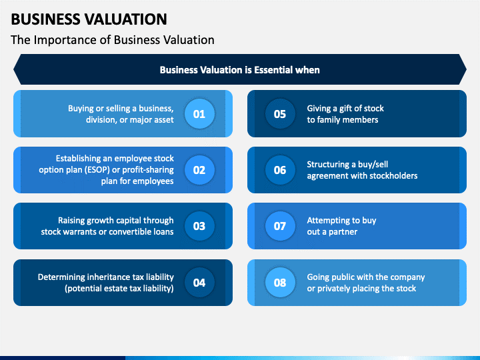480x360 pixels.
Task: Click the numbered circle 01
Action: (199, 114)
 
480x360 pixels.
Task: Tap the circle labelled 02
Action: (199, 170)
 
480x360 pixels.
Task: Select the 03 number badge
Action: (199, 226)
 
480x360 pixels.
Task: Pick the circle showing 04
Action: (199, 283)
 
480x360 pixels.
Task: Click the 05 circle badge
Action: (280, 114)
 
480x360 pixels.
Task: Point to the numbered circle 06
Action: (280, 170)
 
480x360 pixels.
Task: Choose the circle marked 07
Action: (280, 226)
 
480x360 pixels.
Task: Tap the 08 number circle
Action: (280, 283)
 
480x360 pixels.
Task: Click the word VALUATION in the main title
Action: (126, 19)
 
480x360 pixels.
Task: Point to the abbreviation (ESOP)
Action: (97, 170)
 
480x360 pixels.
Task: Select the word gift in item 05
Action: (346, 109)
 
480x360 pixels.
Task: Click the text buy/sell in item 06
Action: (373, 165)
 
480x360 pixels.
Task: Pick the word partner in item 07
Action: (343, 232)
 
